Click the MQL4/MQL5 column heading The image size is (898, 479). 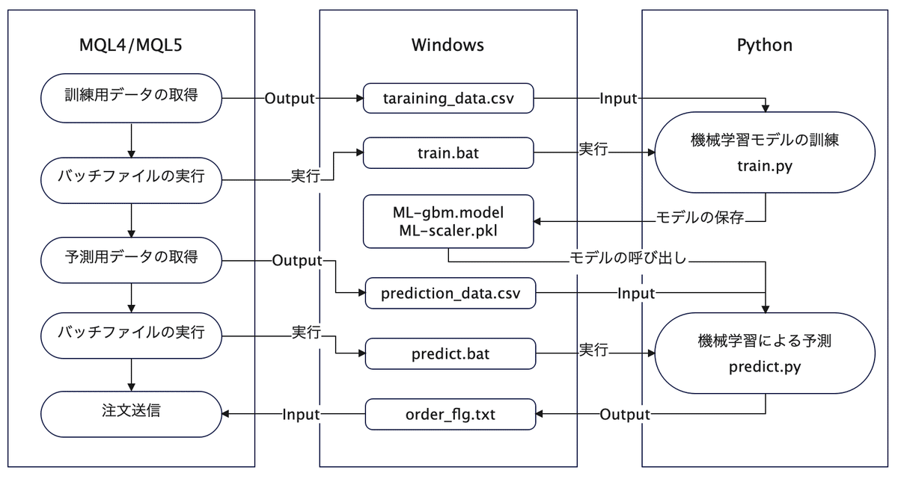[131, 46]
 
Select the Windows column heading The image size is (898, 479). [448, 46]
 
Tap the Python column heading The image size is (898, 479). [764, 46]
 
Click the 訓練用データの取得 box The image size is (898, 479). [131, 98]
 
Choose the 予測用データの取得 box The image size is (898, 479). [131, 257]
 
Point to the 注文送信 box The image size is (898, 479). [131, 412]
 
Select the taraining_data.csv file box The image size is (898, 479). [448, 99]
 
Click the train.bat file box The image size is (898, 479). [448, 152]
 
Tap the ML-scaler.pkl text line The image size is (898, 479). [448, 230]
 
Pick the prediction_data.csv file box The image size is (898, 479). [450, 293]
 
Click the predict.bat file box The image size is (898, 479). [450, 354]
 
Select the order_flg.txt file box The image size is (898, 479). [450, 414]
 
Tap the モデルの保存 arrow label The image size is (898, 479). [700, 218]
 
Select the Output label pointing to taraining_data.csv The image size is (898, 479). [289, 99]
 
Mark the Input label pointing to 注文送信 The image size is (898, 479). [301, 415]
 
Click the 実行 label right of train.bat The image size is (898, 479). [593, 148]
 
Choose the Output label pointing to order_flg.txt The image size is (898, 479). [626, 415]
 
